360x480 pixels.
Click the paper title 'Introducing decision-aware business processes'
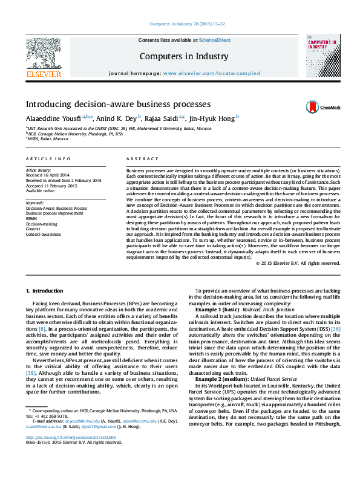pyautogui.click(x=117, y=103)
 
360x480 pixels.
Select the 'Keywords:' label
pyautogui.click(x=35, y=203)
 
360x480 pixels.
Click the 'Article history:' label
pyautogui.click(x=39, y=170)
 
